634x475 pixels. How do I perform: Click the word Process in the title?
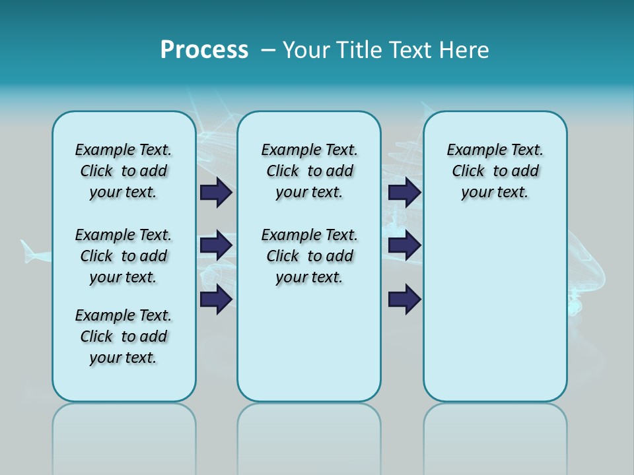204,50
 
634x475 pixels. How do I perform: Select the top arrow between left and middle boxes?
216,192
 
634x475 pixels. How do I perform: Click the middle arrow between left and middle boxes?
216,245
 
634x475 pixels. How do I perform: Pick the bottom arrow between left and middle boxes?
216,299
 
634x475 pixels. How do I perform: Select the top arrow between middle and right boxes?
404,192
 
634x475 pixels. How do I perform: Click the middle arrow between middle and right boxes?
404,245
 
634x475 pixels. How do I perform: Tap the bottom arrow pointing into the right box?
404,299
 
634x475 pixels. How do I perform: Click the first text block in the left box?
123,171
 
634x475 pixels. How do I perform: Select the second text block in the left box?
123,256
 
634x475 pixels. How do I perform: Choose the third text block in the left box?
123,336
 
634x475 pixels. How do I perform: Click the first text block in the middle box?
309,171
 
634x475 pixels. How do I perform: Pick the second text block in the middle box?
309,256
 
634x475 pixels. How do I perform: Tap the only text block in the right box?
495,171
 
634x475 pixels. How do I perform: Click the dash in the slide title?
268,50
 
